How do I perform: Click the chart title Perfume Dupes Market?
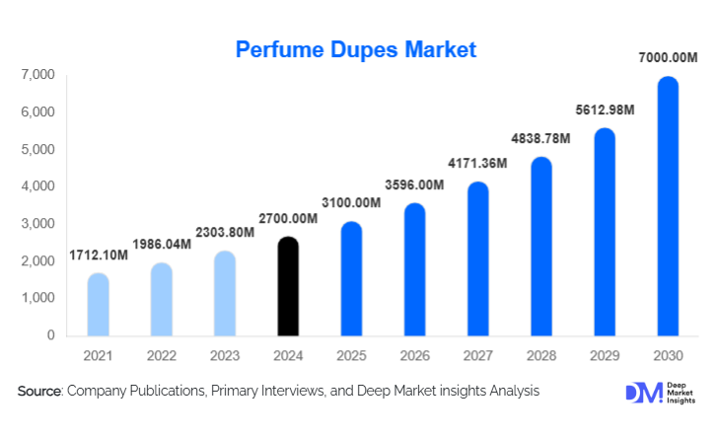pyautogui.click(x=356, y=49)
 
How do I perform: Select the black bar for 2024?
pyautogui.click(x=288, y=286)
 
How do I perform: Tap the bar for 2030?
pyautogui.click(x=669, y=206)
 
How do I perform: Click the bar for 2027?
pyautogui.click(x=478, y=258)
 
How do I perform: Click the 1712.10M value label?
pyautogui.click(x=99, y=255)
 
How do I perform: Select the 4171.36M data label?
pyautogui.click(x=478, y=164)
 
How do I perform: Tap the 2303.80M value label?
pyautogui.click(x=225, y=233)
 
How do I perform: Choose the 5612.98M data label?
pyautogui.click(x=605, y=110)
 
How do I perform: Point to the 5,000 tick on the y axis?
pyautogui.click(x=36, y=150)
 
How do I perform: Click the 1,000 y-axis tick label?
pyautogui.click(x=36, y=298)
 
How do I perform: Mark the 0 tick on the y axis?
pyautogui.click(x=49, y=335)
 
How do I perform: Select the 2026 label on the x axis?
pyautogui.click(x=415, y=354)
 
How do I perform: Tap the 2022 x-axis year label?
pyautogui.click(x=162, y=354)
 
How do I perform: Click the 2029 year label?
pyautogui.click(x=605, y=354)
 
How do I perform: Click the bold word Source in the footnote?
pyautogui.click(x=39, y=392)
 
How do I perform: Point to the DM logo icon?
pyautogui.click(x=638, y=392)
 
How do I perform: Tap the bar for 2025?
pyautogui.click(x=352, y=278)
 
